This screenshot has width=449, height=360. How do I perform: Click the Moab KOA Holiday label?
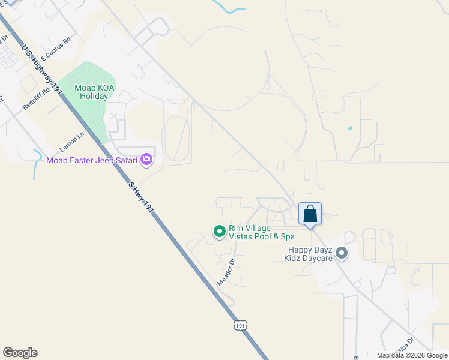pos(91,92)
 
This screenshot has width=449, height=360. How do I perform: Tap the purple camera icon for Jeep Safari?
pos(146,160)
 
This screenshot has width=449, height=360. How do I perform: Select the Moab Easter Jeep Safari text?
pos(92,160)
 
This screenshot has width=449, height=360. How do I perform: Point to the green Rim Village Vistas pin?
pos(220,231)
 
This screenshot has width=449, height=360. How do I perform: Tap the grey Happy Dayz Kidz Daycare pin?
pos(342,254)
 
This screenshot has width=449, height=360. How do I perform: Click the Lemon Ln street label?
pos(73,142)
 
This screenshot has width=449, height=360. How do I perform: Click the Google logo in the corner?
pos(20,353)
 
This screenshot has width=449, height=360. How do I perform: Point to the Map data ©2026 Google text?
pos(412,355)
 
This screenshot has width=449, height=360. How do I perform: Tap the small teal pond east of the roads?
pos(349,128)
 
